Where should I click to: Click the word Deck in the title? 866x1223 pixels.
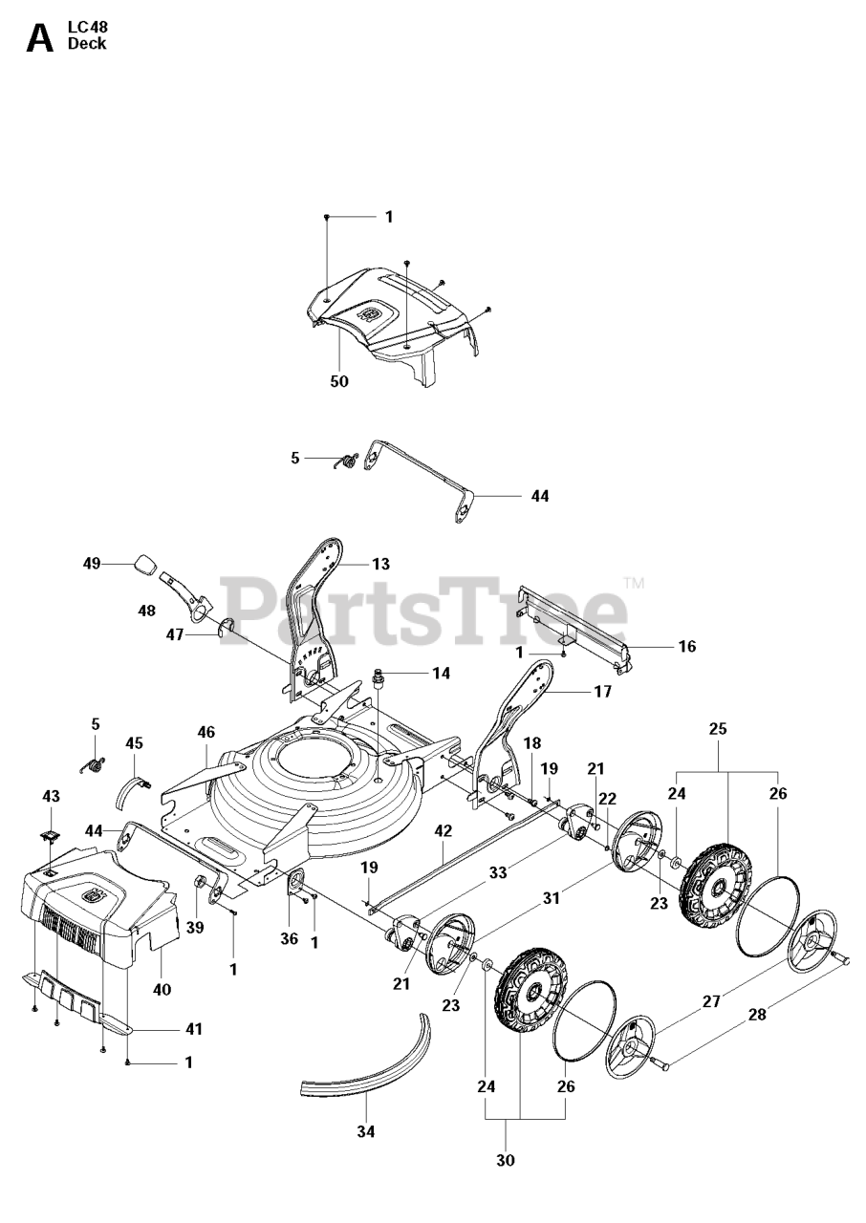click(x=87, y=44)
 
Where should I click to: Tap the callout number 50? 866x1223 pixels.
click(x=338, y=381)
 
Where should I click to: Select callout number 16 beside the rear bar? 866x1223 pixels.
click(x=686, y=647)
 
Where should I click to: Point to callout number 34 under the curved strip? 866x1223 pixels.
click(x=365, y=1132)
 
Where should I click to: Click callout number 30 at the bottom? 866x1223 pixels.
click(x=506, y=1160)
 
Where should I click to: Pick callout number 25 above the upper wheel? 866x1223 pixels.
click(x=718, y=728)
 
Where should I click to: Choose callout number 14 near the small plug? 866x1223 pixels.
click(x=440, y=674)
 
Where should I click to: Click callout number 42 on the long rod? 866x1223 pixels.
click(x=443, y=831)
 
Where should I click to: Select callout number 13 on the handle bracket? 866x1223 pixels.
click(x=380, y=564)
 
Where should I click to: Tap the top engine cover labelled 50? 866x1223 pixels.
click(x=392, y=315)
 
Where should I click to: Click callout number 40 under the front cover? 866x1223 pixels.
click(x=162, y=989)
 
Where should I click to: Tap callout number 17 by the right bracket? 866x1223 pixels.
click(x=601, y=691)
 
